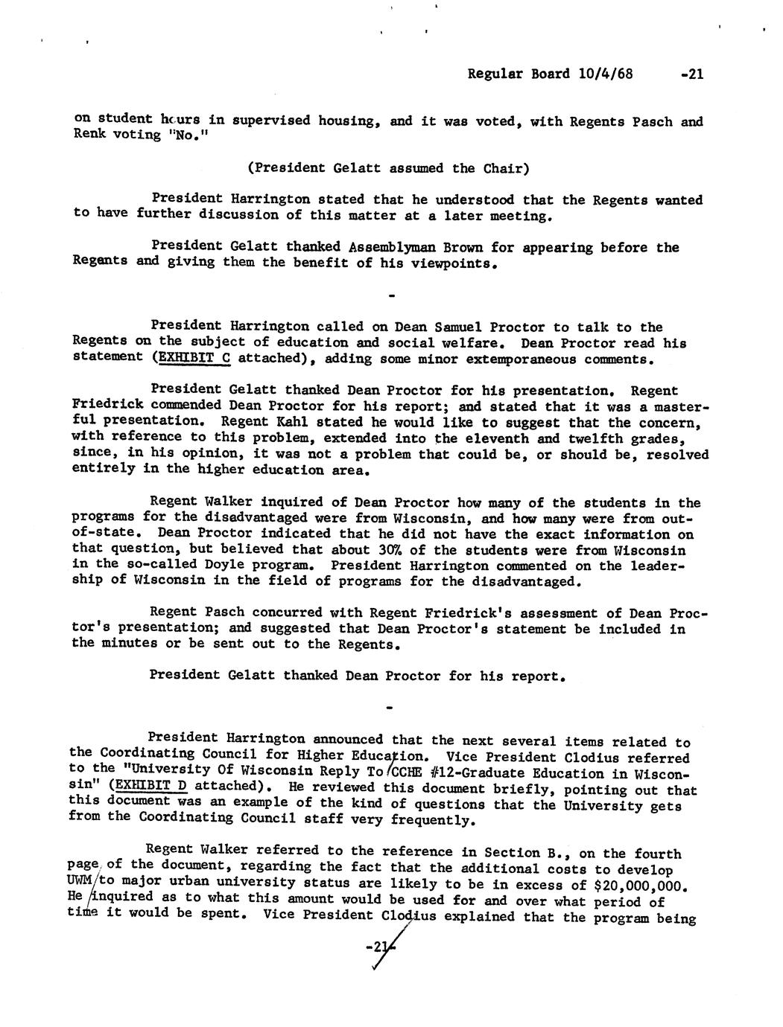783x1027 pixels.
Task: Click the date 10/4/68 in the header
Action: point(600,74)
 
